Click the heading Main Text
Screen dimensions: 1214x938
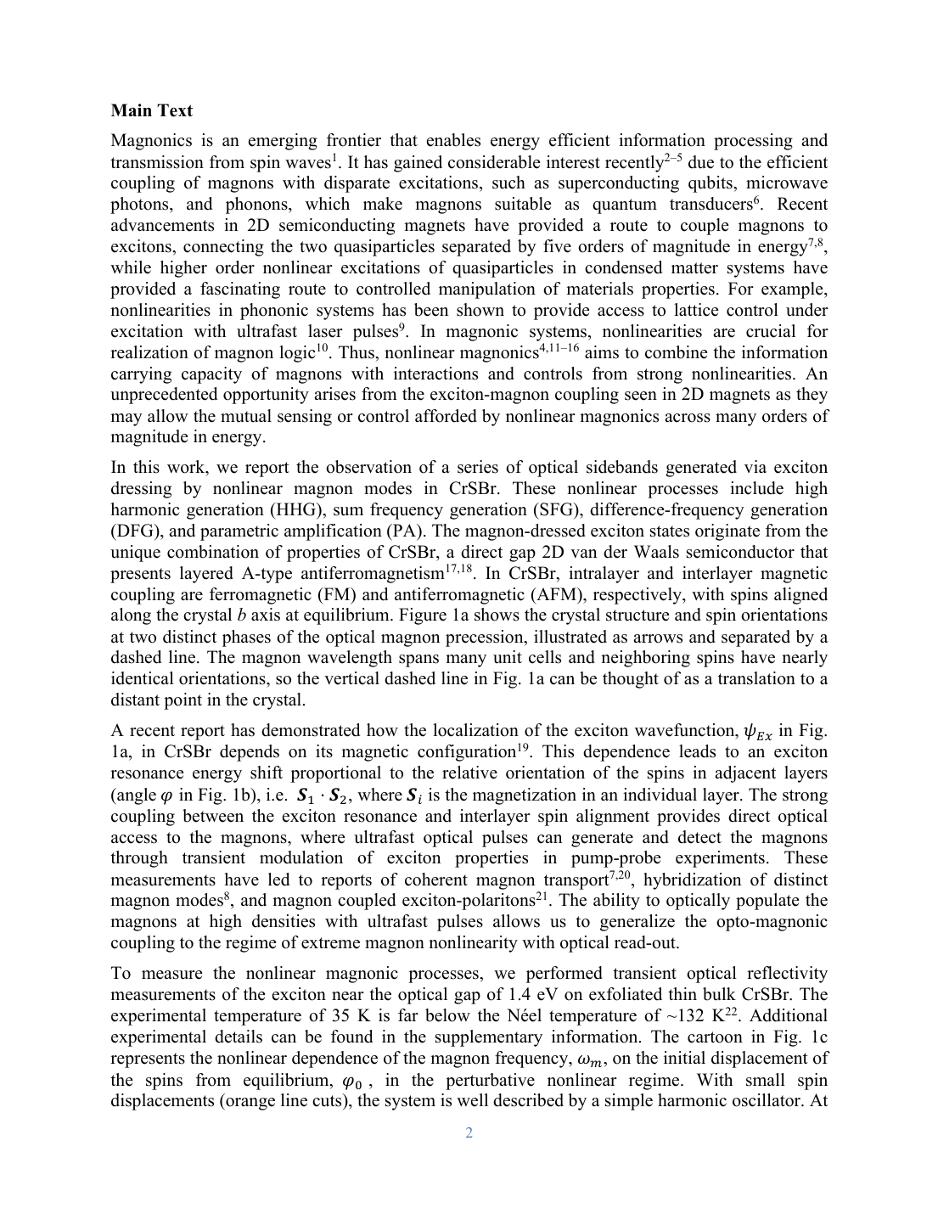152,110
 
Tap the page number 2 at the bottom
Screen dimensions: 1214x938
469,1133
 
